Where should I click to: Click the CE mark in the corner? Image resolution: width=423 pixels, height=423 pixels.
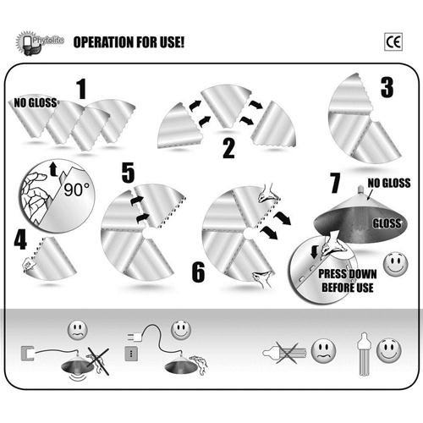(x=393, y=42)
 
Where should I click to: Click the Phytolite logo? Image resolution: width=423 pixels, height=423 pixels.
(x=40, y=43)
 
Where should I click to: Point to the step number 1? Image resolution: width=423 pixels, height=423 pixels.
(x=81, y=89)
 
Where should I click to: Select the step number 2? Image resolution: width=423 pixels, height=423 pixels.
(x=228, y=148)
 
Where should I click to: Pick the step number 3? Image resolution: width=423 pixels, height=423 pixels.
(x=387, y=87)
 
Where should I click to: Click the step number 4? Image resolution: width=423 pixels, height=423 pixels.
(x=20, y=239)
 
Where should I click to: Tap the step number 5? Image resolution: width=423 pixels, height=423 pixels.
(x=128, y=173)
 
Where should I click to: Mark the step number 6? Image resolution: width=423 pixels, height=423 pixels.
(x=198, y=272)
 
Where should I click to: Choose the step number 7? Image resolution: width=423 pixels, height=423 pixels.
(x=335, y=183)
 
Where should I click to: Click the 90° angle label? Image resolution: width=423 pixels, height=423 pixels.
(x=76, y=190)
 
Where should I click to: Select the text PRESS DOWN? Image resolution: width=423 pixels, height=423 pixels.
(x=348, y=274)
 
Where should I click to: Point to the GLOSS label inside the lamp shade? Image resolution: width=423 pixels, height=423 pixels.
(x=387, y=223)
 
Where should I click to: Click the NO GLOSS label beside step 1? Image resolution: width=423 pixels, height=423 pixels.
(x=36, y=103)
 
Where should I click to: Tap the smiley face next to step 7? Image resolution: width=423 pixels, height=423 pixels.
(x=396, y=264)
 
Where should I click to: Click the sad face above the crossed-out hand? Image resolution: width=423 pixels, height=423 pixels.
(x=78, y=329)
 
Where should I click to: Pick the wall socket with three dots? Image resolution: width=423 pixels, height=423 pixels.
(x=131, y=354)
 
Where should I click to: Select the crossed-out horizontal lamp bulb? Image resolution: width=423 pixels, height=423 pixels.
(x=285, y=353)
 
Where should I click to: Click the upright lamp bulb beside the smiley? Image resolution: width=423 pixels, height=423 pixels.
(x=364, y=354)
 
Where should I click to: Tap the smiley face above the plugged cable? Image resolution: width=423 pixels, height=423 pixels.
(x=181, y=329)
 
